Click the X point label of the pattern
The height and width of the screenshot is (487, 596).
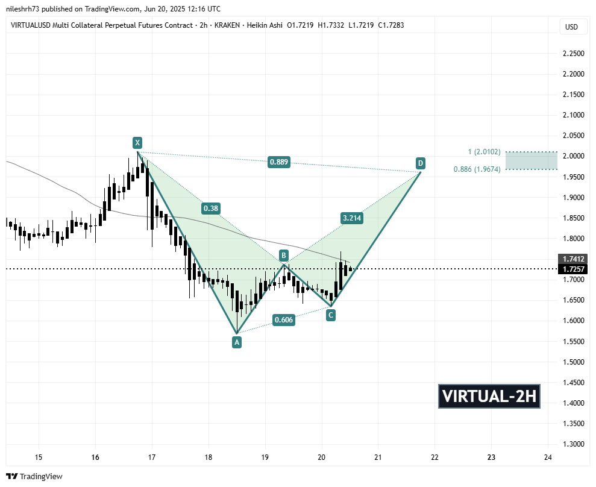137,143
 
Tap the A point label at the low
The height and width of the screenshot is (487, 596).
237,342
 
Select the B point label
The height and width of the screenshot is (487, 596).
283,255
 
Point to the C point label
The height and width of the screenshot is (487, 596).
331,315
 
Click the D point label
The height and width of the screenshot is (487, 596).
420,163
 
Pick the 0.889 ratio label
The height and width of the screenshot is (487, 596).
278,162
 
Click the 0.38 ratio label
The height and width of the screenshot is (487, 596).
211,209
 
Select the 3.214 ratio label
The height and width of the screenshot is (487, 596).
351,218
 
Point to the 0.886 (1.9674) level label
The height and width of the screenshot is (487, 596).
477,169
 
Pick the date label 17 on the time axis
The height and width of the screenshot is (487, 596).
151,457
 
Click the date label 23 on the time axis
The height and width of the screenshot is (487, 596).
491,457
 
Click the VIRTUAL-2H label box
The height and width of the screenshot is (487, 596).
489,397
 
